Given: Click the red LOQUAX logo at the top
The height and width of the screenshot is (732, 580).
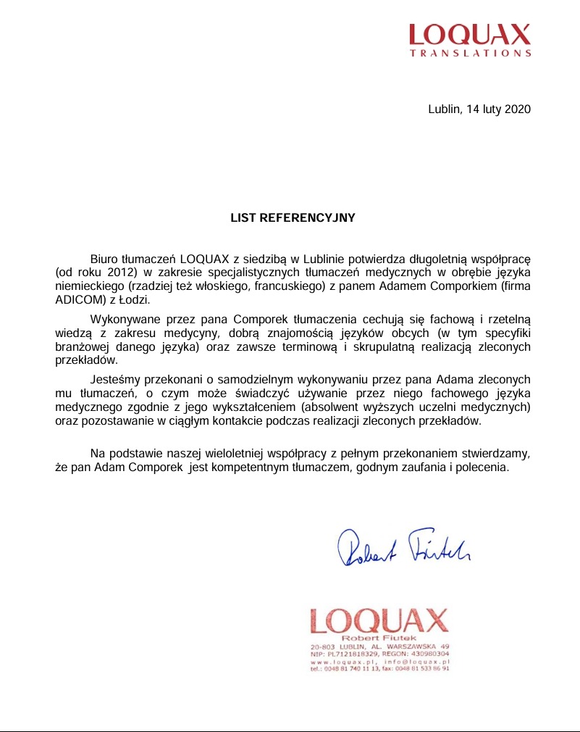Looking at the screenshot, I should [469, 34].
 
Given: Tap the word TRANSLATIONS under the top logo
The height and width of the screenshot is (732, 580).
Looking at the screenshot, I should [470, 53].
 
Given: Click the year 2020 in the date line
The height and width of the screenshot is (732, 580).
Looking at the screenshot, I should [518, 109].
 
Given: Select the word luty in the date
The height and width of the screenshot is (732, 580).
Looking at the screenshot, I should [490, 109].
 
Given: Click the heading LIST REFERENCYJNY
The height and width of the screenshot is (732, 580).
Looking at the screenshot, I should [293, 217].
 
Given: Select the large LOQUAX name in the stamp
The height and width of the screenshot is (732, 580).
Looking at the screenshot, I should [379, 620].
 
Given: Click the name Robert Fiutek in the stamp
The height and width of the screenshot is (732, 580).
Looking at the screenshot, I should [379, 638].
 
